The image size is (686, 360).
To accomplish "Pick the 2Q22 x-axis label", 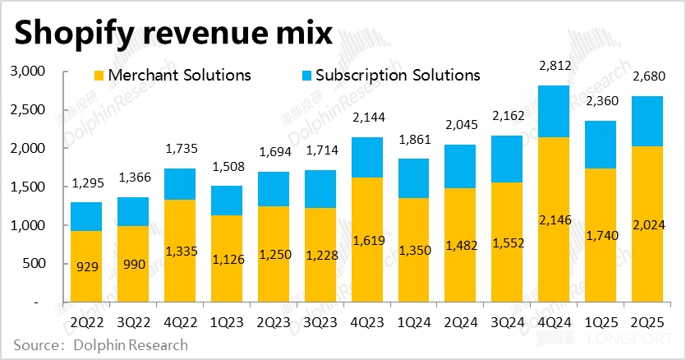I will click(x=86, y=321).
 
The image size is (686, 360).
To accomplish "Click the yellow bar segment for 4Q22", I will click(x=179, y=251).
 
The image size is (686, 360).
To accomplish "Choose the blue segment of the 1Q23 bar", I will click(x=226, y=201).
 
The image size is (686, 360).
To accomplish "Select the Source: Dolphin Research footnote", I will click(x=100, y=345).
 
